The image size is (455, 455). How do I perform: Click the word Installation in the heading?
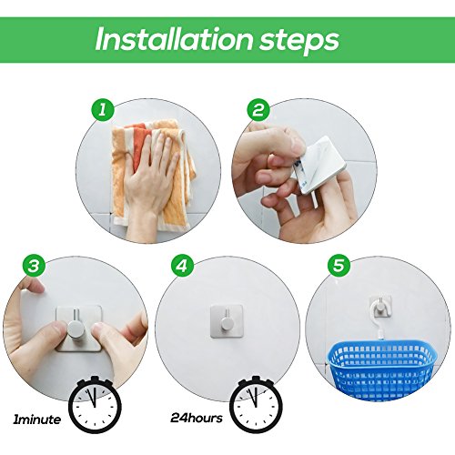click(174, 39)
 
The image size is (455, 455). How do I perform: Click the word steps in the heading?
click(298, 42)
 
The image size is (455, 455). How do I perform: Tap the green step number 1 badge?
click(103, 109)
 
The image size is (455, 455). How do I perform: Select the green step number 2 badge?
click(258, 109)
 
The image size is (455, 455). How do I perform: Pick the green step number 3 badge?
click(34, 266)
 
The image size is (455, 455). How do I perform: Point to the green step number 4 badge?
click(182, 266)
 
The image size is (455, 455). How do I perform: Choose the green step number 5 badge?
click(339, 266)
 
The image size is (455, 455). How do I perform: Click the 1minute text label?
click(36, 420)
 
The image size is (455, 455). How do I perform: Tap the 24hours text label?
click(197, 418)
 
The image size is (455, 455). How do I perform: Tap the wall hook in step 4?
click(227, 321)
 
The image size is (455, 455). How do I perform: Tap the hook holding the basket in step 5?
click(380, 307)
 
